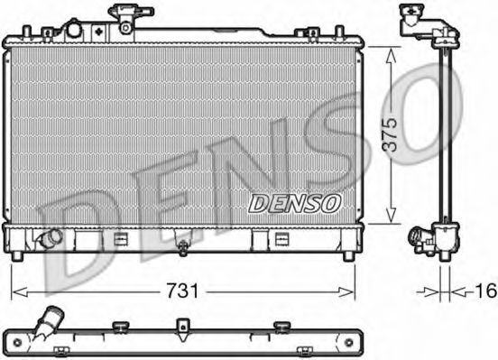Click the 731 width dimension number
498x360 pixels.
(x=182, y=291)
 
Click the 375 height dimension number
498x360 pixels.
(x=390, y=134)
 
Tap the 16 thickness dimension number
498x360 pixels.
(x=485, y=291)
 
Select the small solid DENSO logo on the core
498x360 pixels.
(x=294, y=203)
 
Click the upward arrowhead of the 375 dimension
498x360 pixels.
(x=391, y=55)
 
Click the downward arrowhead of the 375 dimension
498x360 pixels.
(x=391, y=216)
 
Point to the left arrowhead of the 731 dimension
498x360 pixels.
(x=20, y=291)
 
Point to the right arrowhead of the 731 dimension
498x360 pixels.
(x=346, y=291)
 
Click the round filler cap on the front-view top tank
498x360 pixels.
(x=74, y=30)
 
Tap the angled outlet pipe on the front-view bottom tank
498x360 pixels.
(x=51, y=237)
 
